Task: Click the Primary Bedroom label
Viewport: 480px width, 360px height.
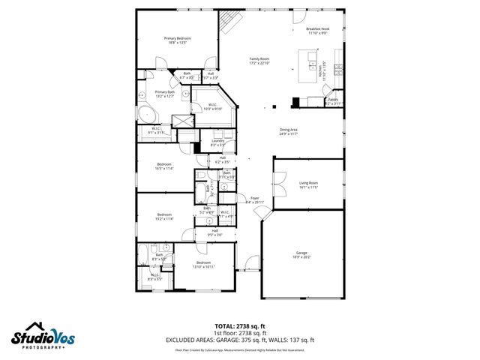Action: tap(178, 40)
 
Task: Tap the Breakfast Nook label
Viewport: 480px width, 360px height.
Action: tap(318, 31)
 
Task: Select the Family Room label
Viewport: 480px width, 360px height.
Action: tap(259, 61)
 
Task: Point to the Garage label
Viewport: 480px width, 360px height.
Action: tap(301, 255)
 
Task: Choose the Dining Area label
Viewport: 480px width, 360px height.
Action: tap(289, 132)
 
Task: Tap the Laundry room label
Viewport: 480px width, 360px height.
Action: tap(218, 142)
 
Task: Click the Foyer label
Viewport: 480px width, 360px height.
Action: tap(255, 200)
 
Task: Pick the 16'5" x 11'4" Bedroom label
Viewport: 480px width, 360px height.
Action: tap(164, 166)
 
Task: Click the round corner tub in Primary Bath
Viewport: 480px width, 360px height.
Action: tap(147, 115)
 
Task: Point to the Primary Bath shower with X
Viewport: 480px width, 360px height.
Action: tap(182, 123)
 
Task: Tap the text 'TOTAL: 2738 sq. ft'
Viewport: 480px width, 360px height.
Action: tap(240, 325)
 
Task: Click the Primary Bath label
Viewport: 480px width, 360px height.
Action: tap(165, 94)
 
